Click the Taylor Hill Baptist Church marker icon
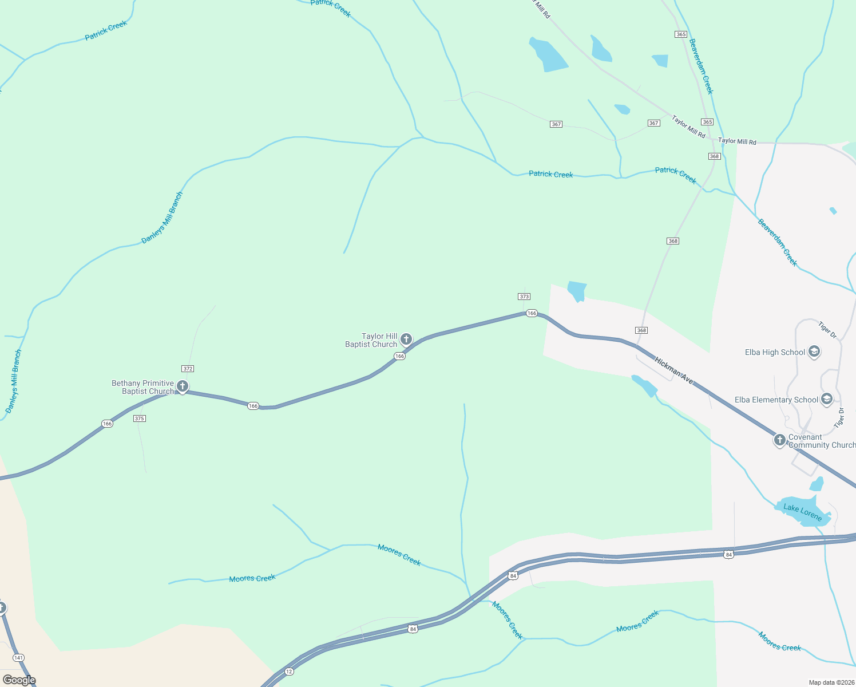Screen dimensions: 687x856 click(406, 339)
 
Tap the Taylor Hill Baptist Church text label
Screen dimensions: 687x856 click(371, 341)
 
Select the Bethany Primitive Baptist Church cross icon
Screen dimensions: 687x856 click(183, 386)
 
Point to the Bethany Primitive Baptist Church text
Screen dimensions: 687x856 click(143, 388)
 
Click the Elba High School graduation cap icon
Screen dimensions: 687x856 click(814, 352)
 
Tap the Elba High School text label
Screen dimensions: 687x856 click(775, 353)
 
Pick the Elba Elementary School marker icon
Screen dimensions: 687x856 click(826, 398)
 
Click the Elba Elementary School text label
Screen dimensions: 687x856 click(776, 400)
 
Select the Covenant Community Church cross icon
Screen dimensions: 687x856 click(779, 440)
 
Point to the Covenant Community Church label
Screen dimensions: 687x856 click(822, 441)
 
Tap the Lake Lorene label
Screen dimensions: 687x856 click(802, 512)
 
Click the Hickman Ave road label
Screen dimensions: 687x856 click(674, 372)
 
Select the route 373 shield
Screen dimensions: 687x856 click(524, 297)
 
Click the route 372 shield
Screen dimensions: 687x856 click(188, 369)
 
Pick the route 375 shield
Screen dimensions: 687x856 click(140, 418)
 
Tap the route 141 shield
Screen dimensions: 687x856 click(19, 658)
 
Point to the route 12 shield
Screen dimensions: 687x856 click(289, 672)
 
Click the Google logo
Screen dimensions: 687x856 click(19, 680)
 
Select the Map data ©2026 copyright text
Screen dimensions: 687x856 click(830, 682)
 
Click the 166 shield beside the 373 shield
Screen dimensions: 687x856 click(532, 313)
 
